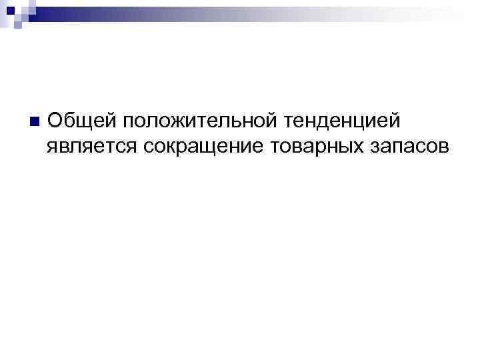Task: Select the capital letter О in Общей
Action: (56, 121)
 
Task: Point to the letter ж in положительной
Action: (179, 123)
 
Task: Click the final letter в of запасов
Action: (445, 146)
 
